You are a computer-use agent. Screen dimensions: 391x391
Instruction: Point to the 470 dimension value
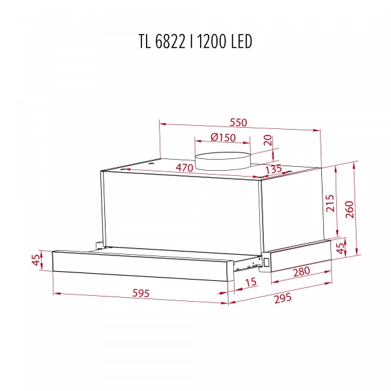185,168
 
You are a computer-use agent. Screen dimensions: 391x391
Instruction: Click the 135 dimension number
273,169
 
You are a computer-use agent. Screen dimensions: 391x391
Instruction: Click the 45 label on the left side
36,260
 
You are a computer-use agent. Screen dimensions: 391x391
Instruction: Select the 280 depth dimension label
300,272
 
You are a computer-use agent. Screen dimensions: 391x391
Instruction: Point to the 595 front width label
139,293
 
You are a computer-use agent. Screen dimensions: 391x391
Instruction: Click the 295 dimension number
282,299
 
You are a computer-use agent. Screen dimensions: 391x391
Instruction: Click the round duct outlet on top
224,159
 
